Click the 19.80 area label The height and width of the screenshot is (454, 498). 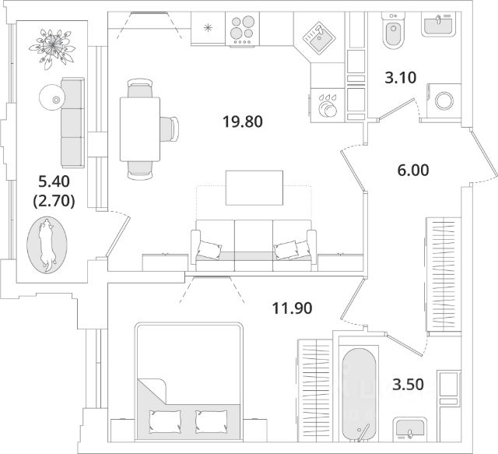(243, 121)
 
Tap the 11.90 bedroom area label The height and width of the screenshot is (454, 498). (293, 308)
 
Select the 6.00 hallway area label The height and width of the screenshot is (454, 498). (413, 170)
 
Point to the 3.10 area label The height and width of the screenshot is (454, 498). (400, 78)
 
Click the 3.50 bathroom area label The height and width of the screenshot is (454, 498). (408, 385)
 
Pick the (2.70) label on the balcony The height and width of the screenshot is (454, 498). (54, 201)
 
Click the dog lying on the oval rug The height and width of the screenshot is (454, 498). (47, 245)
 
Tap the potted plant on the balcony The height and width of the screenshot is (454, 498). (52, 48)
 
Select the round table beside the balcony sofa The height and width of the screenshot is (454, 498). (52, 98)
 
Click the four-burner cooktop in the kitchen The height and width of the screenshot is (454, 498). (242, 29)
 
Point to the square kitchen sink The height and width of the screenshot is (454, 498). (319, 37)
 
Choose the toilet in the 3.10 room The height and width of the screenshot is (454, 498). (394, 31)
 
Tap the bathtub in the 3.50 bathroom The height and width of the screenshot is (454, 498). (359, 394)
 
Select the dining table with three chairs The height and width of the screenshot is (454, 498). (140, 129)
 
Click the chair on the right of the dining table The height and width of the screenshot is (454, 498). (170, 129)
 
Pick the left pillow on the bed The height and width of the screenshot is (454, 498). (165, 421)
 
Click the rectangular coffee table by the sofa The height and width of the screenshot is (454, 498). (254, 188)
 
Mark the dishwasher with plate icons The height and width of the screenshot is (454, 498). (328, 105)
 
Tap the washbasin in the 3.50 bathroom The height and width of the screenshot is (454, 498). (409, 429)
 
